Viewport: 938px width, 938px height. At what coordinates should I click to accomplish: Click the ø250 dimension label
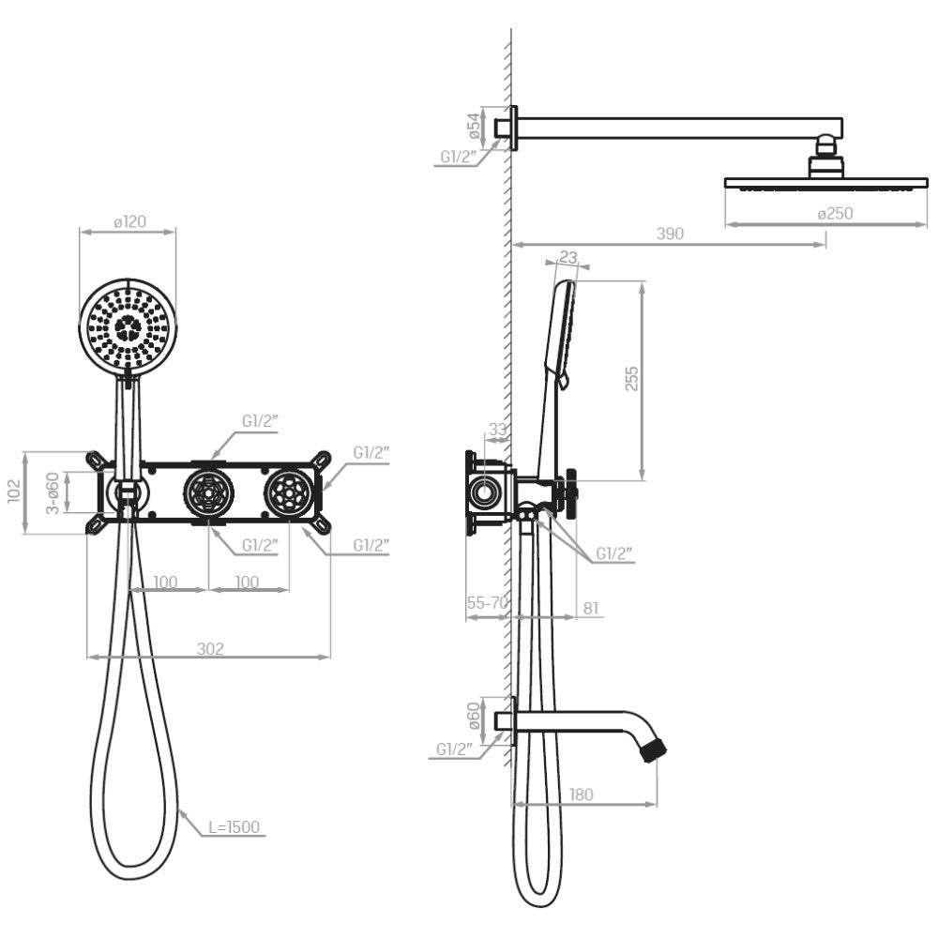point(835,214)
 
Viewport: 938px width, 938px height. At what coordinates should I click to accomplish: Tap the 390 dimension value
point(670,234)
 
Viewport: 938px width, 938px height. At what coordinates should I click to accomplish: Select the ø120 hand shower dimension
point(129,222)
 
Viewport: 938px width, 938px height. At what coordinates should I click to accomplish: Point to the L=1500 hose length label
point(234,827)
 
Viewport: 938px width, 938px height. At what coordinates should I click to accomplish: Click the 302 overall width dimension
point(210,649)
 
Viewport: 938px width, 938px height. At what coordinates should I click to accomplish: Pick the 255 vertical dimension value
point(631,379)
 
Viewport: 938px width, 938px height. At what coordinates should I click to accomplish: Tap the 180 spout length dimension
point(581,794)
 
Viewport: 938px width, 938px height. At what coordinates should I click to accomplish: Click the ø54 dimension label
point(474,127)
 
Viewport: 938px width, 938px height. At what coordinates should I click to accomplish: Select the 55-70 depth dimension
point(488,603)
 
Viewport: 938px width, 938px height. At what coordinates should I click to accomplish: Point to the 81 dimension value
point(590,609)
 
